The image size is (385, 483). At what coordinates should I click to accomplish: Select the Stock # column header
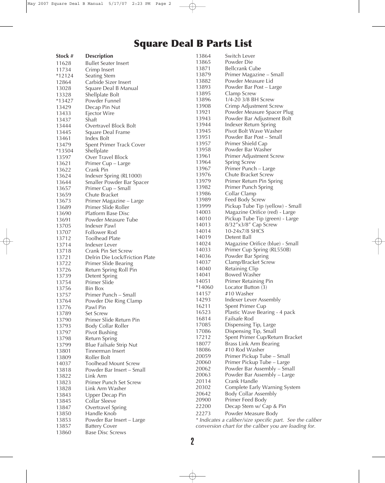[x=65, y=56]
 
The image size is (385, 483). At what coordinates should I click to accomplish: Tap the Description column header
[x=99, y=56]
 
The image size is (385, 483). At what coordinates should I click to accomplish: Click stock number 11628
[x=63, y=63]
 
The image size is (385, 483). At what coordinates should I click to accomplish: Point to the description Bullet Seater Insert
[x=107, y=63]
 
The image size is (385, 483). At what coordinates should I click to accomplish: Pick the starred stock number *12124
[x=65, y=76]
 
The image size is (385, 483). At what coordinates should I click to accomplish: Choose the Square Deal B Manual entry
[x=111, y=88]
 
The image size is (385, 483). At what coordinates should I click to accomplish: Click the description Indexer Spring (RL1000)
[x=113, y=176]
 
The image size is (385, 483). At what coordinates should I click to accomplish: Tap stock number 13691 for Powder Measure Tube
[x=63, y=220]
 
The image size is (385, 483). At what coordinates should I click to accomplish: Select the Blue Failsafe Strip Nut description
[x=111, y=345]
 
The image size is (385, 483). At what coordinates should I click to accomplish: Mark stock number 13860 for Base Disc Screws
[x=63, y=433]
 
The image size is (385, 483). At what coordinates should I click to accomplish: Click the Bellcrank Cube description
[x=243, y=69]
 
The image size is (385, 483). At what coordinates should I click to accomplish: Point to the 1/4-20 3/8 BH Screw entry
[x=249, y=100]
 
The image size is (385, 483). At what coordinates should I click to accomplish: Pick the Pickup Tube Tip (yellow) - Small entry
[x=263, y=206]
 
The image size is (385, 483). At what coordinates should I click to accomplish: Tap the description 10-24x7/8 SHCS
[x=244, y=231]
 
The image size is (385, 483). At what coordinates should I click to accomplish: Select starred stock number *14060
[x=204, y=287]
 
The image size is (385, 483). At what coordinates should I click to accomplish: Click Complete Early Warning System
[x=262, y=387]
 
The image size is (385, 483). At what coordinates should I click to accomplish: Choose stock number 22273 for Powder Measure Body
[x=203, y=414]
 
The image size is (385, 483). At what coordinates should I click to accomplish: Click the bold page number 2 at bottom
[x=192, y=441]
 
